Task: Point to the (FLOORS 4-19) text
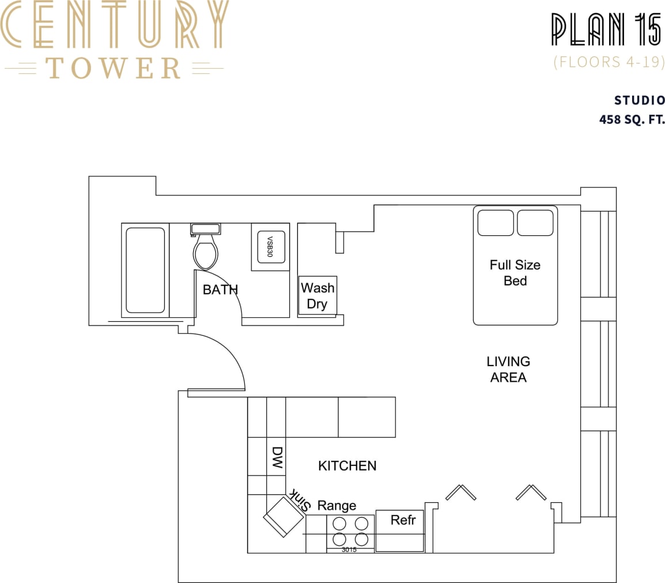[x=609, y=62]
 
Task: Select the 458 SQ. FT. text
[x=632, y=121]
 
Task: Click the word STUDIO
[x=640, y=100]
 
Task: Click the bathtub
[x=145, y=270]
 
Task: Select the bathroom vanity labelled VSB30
[x=270, y=246]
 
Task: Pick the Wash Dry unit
[x=317, y=295]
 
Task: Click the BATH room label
[x=220, y=289]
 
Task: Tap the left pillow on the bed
[x=495, y=223]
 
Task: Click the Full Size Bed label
[x=515, y=273]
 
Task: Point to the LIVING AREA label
[x=508, y=369]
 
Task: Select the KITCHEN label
[x=347, y=465]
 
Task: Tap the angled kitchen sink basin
[x=283, y=517]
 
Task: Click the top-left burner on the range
[x=339, y=524]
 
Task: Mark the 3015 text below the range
[x=349, y=550]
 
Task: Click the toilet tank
[x=205, y=229]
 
